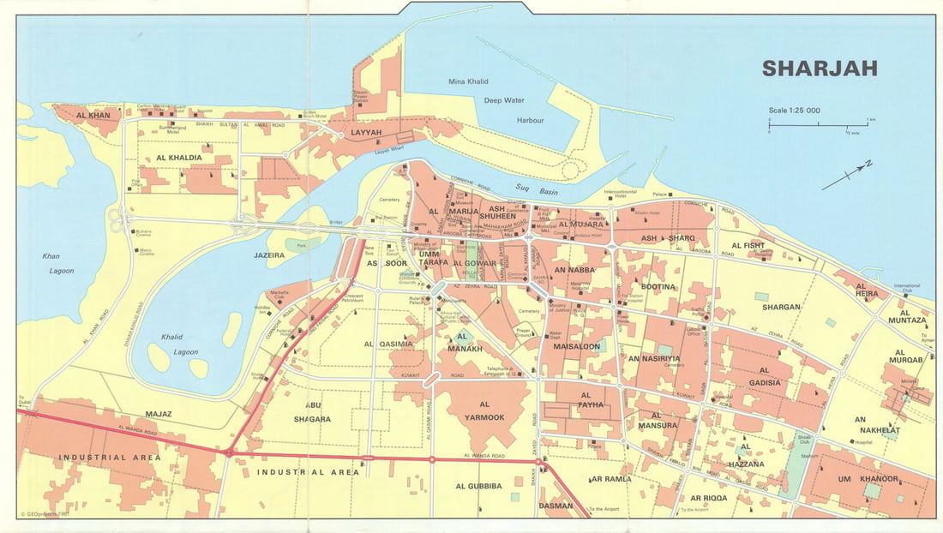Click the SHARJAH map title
[820, 69]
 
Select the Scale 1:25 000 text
[795, 111]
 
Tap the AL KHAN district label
[93, 115]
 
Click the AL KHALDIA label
[179, 159]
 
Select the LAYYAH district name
[366, 133]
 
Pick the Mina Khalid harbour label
[468, 81]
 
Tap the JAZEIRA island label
[269, 255]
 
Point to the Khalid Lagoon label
[179, 344]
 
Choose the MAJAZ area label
[159, 414]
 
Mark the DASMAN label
[556, 506]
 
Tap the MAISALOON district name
[577, 347]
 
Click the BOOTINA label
[658, 286]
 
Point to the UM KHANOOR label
[868, 478]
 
